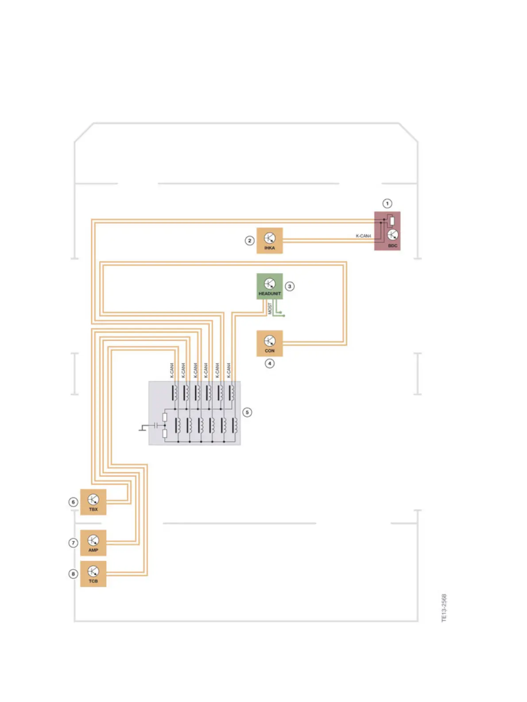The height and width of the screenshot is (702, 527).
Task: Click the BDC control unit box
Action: tap(387, 231)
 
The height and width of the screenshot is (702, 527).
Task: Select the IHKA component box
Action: tap(269, 241)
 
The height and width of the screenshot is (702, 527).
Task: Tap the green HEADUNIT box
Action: tap(269, 286)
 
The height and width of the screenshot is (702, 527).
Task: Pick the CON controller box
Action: tap(269, 343)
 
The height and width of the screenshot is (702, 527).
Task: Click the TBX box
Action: tap(93, 502)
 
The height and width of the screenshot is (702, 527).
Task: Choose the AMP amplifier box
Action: tap(93, 542)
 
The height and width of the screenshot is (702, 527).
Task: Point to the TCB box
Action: tap(93, 573)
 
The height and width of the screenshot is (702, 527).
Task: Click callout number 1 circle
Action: tap(387, 203)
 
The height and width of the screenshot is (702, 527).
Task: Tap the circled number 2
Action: tap(249, 241)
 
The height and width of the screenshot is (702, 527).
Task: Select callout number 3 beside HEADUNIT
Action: tap(290, 286)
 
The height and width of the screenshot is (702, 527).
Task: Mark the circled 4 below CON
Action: tap(269, 363)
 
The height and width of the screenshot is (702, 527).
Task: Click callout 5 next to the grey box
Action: tap(247, 412)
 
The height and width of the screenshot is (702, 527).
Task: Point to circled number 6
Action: tap(74, 502)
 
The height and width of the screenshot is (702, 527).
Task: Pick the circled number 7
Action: tap(74, 543)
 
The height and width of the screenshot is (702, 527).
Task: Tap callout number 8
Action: tap(74, 574)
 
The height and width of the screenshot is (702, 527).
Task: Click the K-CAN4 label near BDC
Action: tap(363, 236)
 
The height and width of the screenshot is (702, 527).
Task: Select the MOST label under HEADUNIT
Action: tap(270, 308)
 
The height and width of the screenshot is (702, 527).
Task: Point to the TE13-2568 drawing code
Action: tap(444, 608)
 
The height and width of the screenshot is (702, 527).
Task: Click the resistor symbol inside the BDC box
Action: tap(391, 221)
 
